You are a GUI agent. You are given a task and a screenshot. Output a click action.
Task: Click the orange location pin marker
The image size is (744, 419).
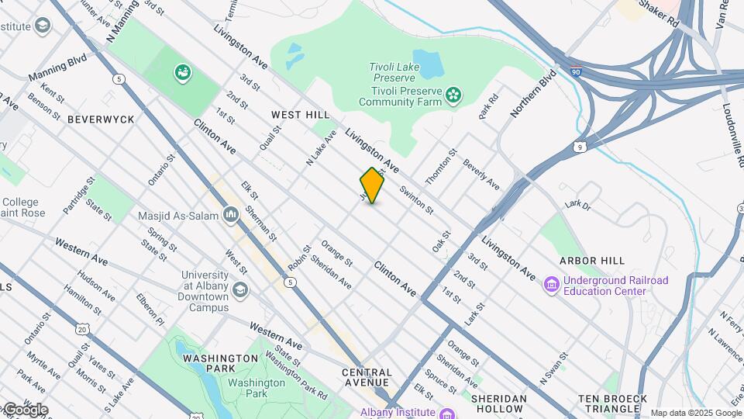(372, 185)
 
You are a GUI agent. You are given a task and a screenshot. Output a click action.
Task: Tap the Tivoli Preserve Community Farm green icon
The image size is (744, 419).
(453, 96)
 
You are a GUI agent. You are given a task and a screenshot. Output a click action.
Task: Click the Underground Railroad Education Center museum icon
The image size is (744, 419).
(552, 286)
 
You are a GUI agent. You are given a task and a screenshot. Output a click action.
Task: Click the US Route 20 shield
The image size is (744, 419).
(82, 329)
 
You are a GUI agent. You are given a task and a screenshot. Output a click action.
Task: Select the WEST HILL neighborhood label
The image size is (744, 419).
(300, 115)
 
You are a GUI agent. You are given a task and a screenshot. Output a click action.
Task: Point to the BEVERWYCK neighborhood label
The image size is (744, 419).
(101, 119)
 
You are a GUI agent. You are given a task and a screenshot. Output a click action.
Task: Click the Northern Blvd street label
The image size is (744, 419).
(533, 93)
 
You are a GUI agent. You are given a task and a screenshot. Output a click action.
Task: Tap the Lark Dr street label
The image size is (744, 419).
(577, 206)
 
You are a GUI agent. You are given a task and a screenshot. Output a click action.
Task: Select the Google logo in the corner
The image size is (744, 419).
(25, 409)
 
